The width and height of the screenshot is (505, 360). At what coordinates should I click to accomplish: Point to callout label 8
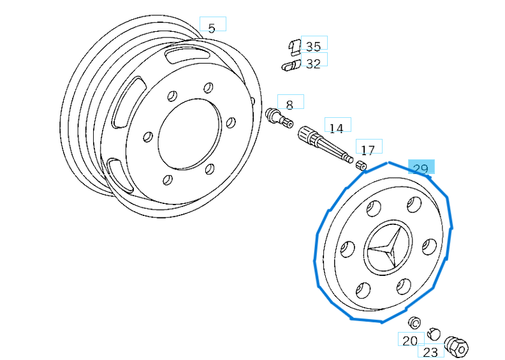click(290, 103)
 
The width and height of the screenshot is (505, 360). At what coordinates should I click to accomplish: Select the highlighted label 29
click(421, 168)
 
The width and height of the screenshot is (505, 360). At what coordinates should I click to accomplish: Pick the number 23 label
click(430, 350)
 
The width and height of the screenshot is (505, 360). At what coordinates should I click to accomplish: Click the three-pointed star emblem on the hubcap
click(384, 250)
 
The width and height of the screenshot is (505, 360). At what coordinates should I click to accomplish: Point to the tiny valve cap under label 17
click(362, 165)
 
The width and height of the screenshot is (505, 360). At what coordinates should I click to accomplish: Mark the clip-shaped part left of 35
click(294, 46)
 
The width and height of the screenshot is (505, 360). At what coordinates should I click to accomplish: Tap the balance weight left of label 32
click(291, 64)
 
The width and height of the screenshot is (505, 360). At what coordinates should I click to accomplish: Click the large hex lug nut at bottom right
click(457, 346)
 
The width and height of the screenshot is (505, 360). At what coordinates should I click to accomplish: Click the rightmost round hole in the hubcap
click(430, 247)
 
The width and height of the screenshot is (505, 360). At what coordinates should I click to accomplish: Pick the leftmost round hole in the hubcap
click(348, 249)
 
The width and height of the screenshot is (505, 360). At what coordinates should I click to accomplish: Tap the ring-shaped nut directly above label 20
click(414, 322)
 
